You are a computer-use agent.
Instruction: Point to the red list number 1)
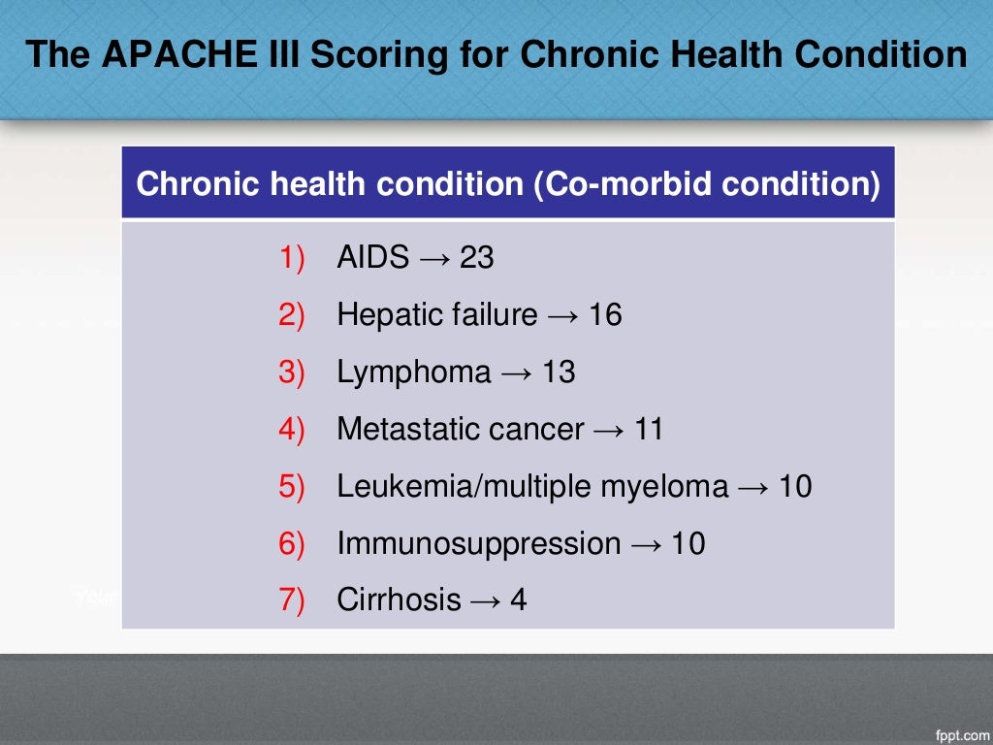click(292, 258)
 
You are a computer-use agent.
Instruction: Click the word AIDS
click(373, 258)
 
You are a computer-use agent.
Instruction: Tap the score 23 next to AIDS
click(476, 258)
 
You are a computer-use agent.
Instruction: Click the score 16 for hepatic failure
click(604, 315)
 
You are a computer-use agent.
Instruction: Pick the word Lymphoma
click(414, 372)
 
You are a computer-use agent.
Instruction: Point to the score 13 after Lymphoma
click(558, 372)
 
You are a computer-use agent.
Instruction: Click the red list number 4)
click(292, 430)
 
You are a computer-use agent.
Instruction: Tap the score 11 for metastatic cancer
click(647, 430)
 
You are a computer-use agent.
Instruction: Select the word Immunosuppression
click(478, 544)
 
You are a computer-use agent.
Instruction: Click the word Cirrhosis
click(399, 600)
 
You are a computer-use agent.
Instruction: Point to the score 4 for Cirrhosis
click(518, 600)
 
